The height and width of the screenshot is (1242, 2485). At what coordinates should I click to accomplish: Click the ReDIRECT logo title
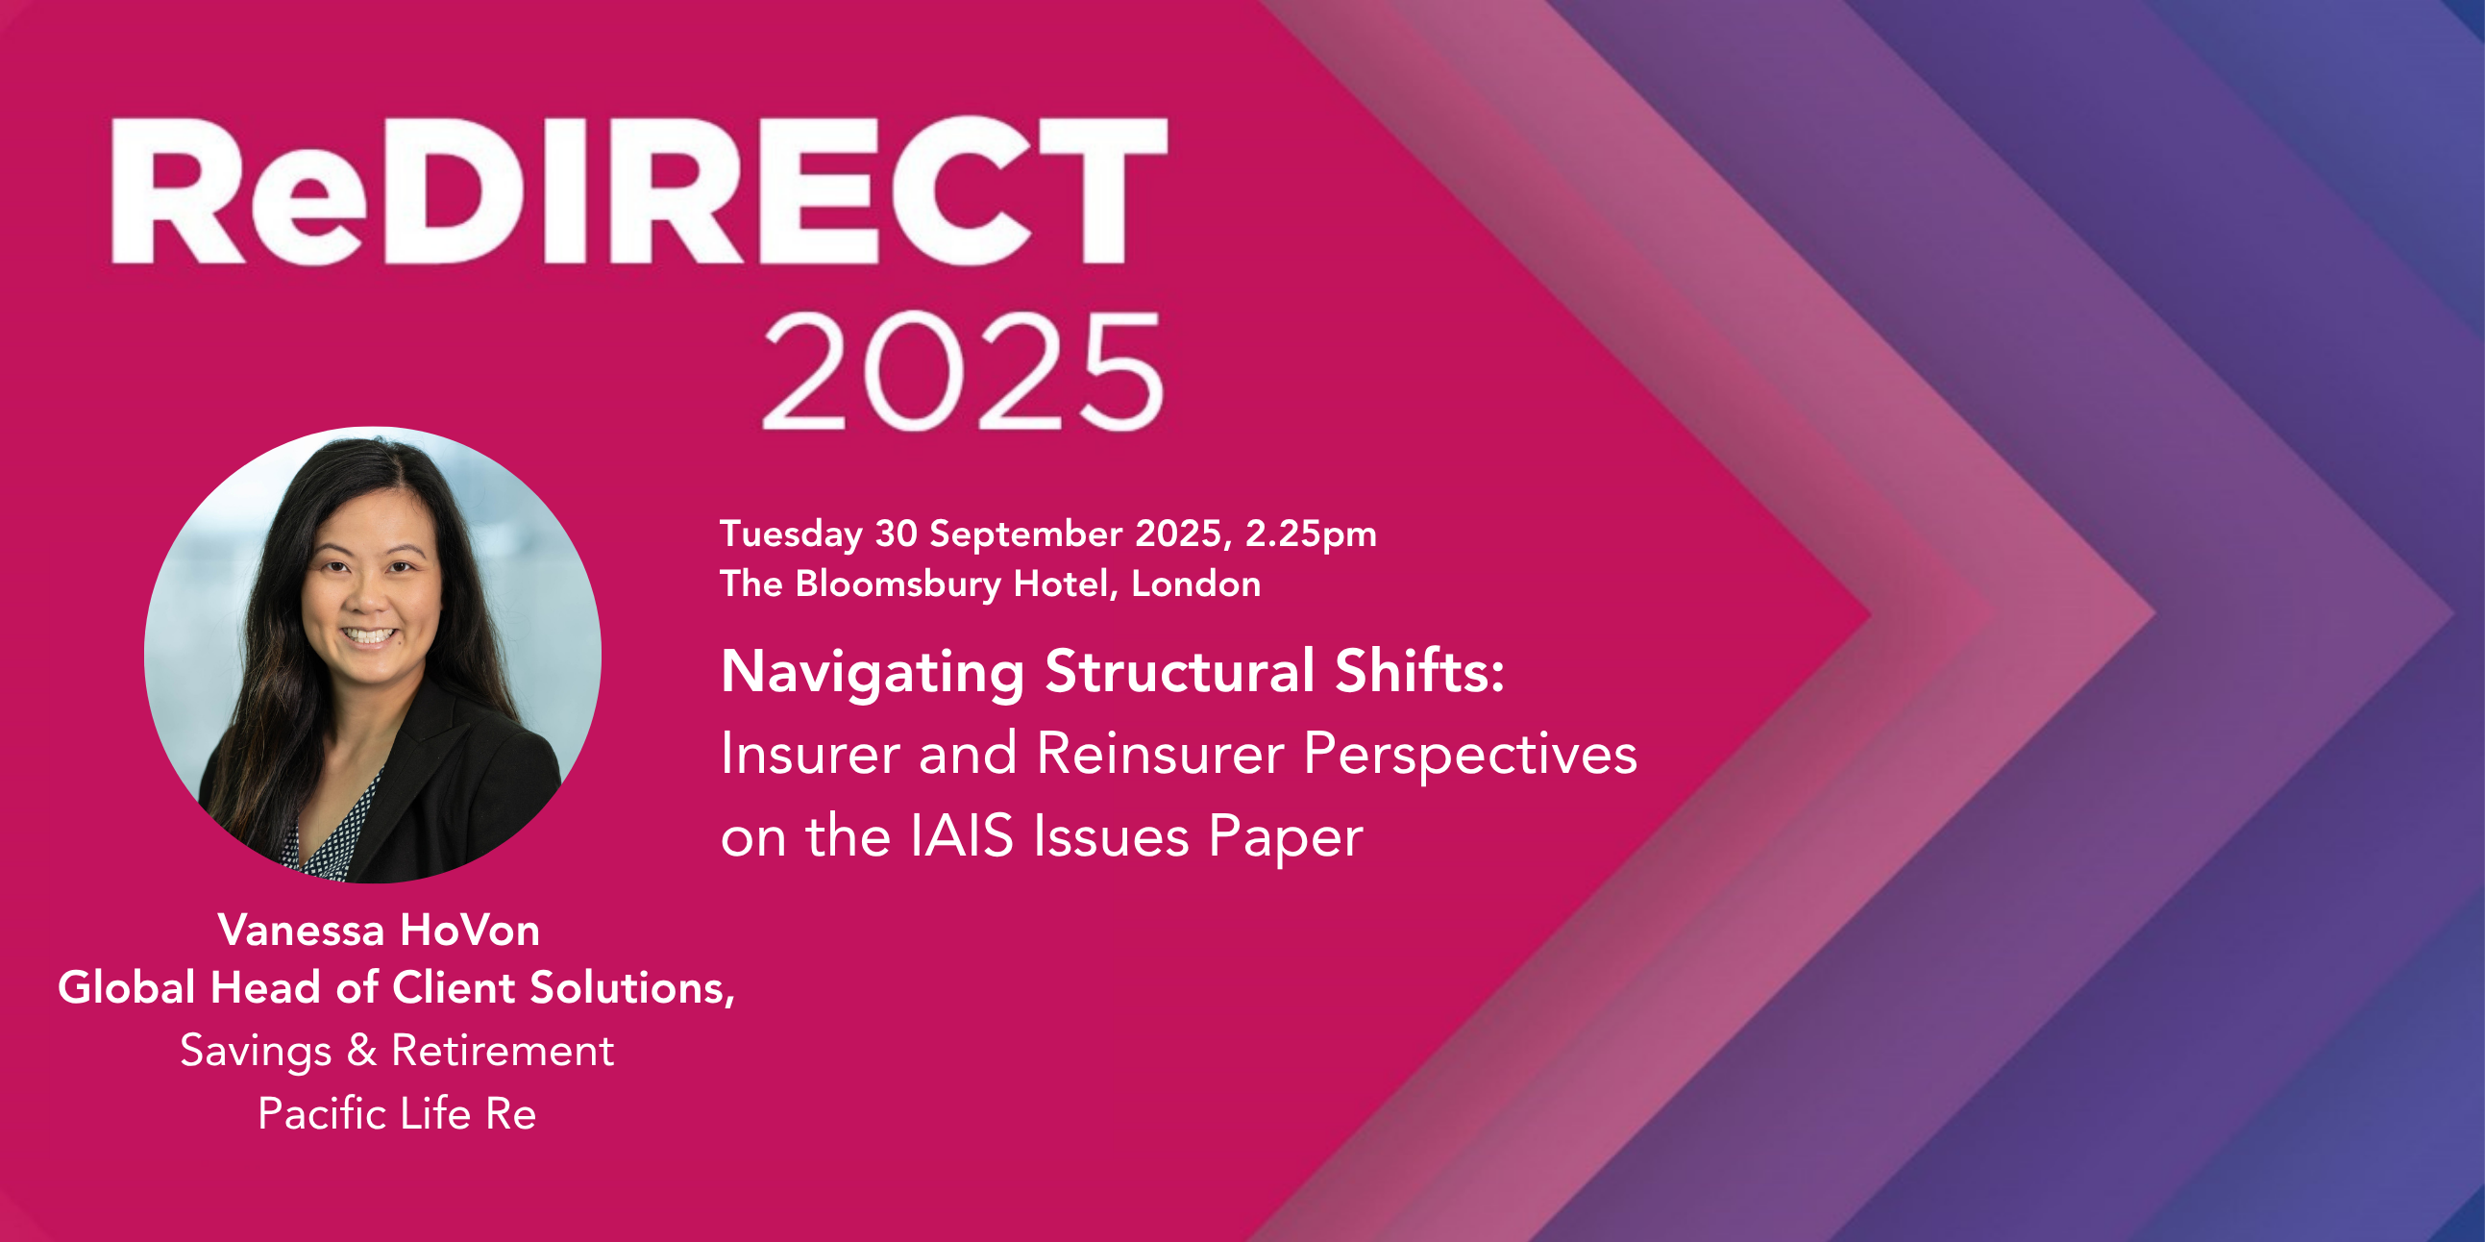(640, 190)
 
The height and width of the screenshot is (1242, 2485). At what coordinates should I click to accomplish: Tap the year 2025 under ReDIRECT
(963, 371)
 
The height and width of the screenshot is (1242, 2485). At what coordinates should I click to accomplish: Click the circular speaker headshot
(372, 655)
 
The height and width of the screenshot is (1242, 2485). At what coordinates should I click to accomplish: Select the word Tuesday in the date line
(791, 534)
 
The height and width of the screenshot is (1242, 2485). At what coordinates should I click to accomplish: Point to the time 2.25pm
(1311, 534)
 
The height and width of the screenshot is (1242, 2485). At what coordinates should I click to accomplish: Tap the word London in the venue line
(1196, 584)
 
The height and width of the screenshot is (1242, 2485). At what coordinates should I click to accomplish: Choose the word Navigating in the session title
(873, 673)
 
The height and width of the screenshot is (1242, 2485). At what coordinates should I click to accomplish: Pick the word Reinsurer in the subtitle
(1161, 753)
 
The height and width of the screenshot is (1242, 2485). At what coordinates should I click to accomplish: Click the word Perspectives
(1470, 755)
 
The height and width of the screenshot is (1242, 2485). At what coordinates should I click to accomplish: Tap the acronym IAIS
(962, 835)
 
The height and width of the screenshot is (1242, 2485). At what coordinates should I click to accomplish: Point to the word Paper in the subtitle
(1286, 837)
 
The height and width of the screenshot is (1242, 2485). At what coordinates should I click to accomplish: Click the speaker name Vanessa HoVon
(379, 931)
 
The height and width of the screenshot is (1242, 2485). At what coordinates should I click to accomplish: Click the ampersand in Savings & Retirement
(361, 1050)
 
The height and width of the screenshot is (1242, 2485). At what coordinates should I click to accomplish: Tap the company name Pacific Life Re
(397, 1113)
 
